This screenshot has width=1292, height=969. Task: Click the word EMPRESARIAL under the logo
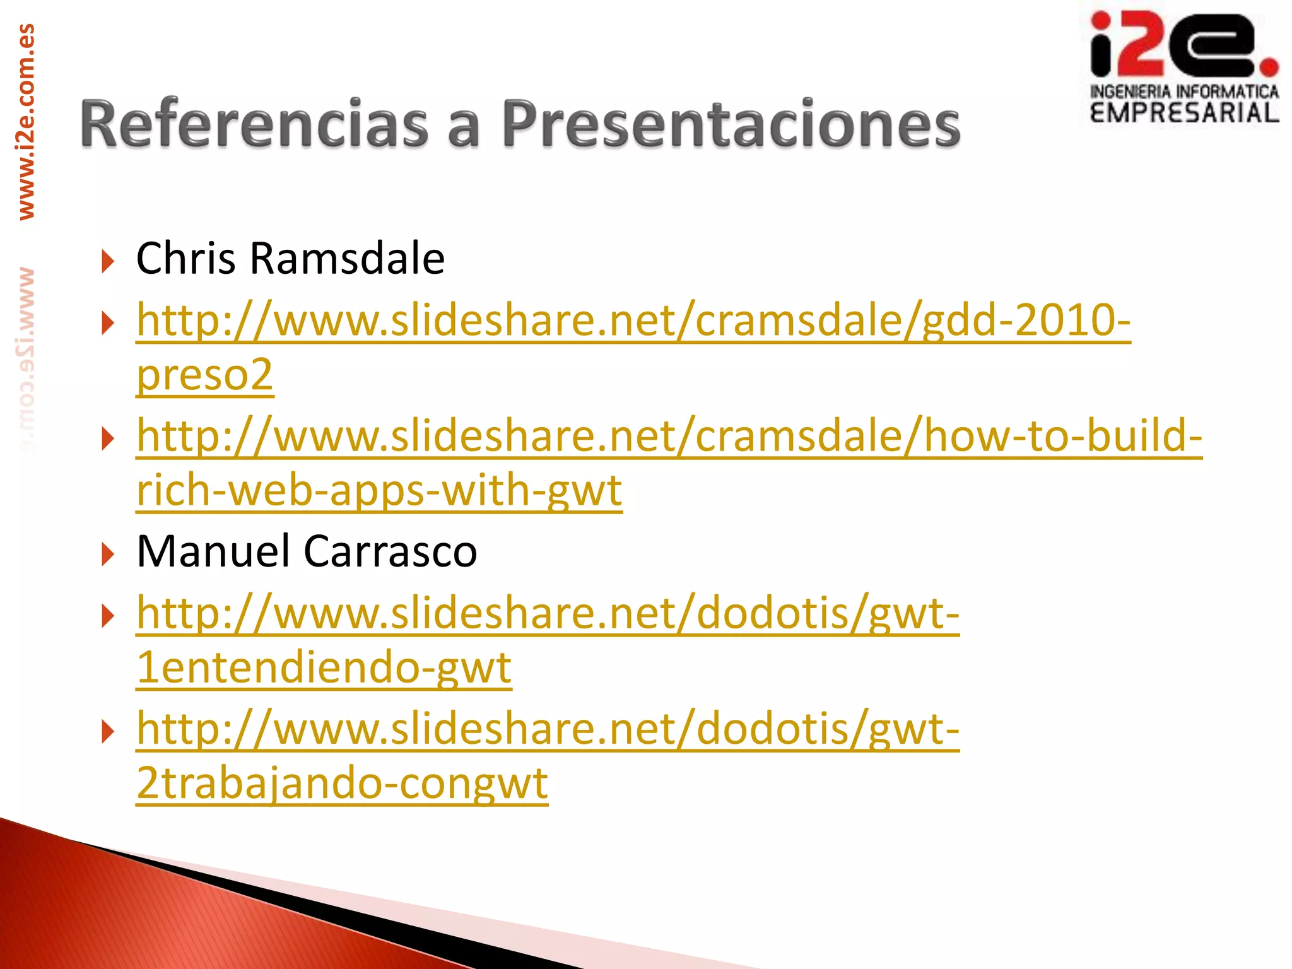coord(1184,113)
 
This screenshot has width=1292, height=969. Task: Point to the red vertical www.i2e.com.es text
coord(26,122)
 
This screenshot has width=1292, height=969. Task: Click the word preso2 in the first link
coord(205,374)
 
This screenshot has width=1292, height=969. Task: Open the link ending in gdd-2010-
coord(633,320)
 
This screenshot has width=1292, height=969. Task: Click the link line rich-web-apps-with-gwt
coord(379,490)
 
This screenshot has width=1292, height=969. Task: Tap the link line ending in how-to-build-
coord(669,435)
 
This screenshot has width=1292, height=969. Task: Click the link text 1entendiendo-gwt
coord(324,667)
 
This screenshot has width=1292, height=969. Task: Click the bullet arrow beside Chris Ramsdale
coord(108,261)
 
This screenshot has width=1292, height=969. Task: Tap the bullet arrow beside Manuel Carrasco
coord(108,554)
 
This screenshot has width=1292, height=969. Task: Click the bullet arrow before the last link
coord(108,731)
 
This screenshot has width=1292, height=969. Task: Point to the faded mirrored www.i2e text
coord(26,360)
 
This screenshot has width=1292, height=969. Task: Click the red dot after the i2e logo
coord(1269,66)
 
